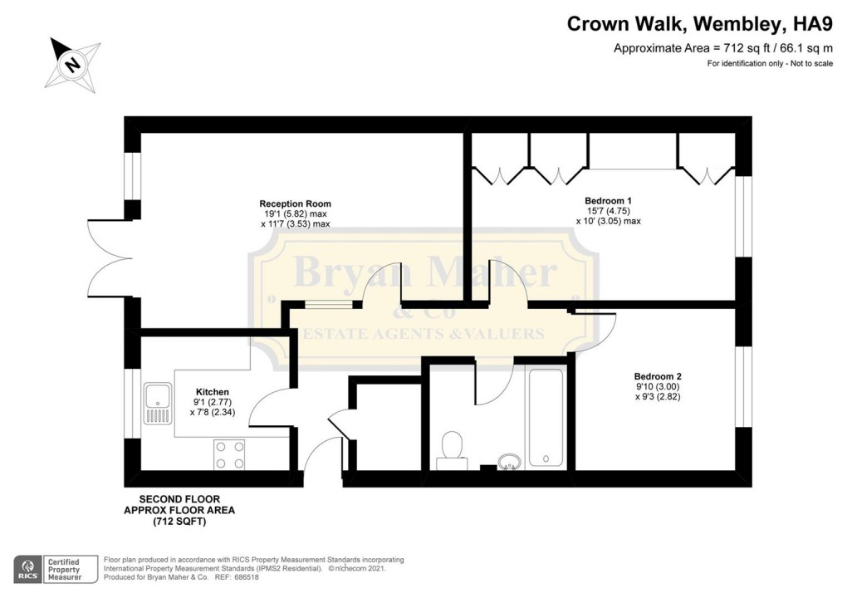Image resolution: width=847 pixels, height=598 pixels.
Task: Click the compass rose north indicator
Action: coord(72,64)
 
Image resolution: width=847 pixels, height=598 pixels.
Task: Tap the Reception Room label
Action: coord(295,203)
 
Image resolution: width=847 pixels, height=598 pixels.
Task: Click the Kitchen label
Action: coord(213,392)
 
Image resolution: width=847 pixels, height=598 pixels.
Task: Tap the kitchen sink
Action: coord(158,403)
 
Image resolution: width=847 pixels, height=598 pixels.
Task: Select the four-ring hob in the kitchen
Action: coord(229,455)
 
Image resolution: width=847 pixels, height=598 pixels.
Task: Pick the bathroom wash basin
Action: coord(509,462)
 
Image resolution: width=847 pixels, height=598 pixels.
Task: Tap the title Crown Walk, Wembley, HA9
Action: coord(699,24)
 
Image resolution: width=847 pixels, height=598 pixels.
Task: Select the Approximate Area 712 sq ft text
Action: coord(723,48)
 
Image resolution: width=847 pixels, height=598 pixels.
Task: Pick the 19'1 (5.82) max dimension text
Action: coord(295,214)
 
